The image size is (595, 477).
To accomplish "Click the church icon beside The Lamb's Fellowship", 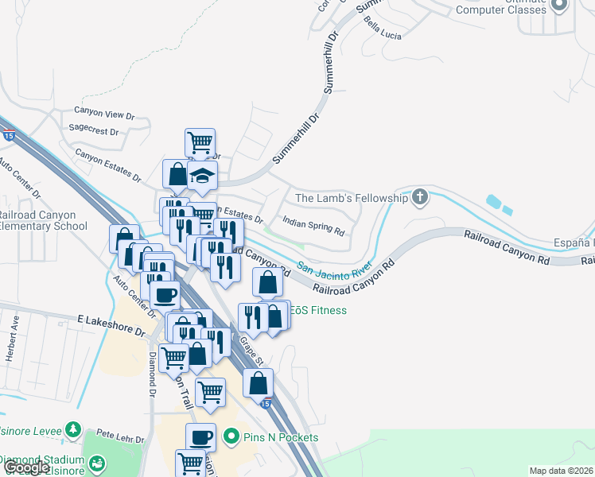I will tap(420, 196).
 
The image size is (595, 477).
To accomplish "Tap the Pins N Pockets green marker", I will tap(231, 436).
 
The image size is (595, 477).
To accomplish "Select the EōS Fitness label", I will tap(317, 310).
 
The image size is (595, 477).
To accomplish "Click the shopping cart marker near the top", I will tap(200, 143).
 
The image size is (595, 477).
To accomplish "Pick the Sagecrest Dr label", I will tap(94, 131).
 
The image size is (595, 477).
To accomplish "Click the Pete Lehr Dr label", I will tap(120, 438).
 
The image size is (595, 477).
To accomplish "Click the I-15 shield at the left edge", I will tap(7, 136).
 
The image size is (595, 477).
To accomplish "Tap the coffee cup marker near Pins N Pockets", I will tap(200, 437).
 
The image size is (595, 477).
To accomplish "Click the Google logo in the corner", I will tap(26, 467).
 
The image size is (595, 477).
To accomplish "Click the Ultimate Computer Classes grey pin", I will tap(558, 6).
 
